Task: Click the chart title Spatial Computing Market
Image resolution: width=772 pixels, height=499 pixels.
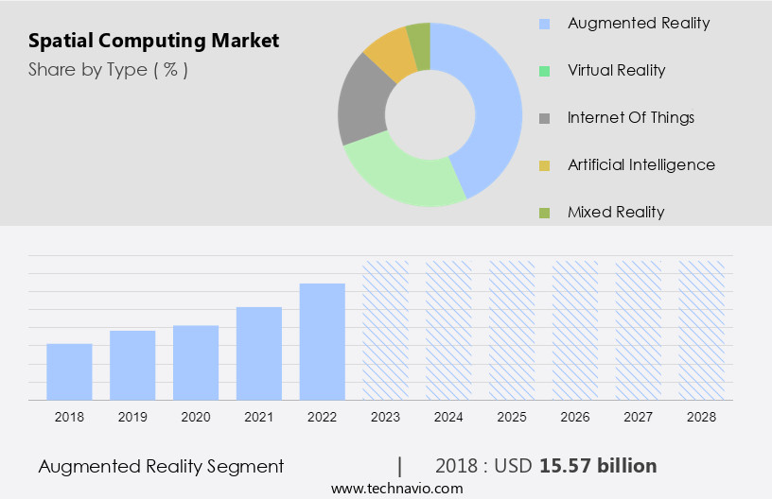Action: (x=153, y=41)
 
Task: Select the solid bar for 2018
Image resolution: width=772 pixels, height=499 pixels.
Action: (x=69, y=371)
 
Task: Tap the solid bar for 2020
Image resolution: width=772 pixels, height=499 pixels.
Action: (x=196, y=362)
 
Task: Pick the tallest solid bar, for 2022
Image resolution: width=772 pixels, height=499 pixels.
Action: (x=323, y=341)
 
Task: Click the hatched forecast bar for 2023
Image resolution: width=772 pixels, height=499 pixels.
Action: (x=386, y=330)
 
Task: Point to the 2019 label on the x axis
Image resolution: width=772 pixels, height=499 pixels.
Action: (x=132, y=416)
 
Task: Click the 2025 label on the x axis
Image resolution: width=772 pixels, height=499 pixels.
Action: (x=513, y=416)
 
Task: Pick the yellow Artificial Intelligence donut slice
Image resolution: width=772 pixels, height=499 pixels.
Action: (x=390, y=53)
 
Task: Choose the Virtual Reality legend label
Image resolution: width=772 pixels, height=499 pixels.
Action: (x=616, y=70)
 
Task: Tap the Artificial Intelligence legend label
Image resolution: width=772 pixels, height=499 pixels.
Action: (x=640, y=164)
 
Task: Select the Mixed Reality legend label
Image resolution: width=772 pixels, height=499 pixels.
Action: (x=616, y=212)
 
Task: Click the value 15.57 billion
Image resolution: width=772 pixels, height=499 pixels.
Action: (x=598, y=466)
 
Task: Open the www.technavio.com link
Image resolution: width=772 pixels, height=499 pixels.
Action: (x=396, y=488)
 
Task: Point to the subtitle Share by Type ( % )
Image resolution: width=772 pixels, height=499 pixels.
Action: (x=108, y=69)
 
